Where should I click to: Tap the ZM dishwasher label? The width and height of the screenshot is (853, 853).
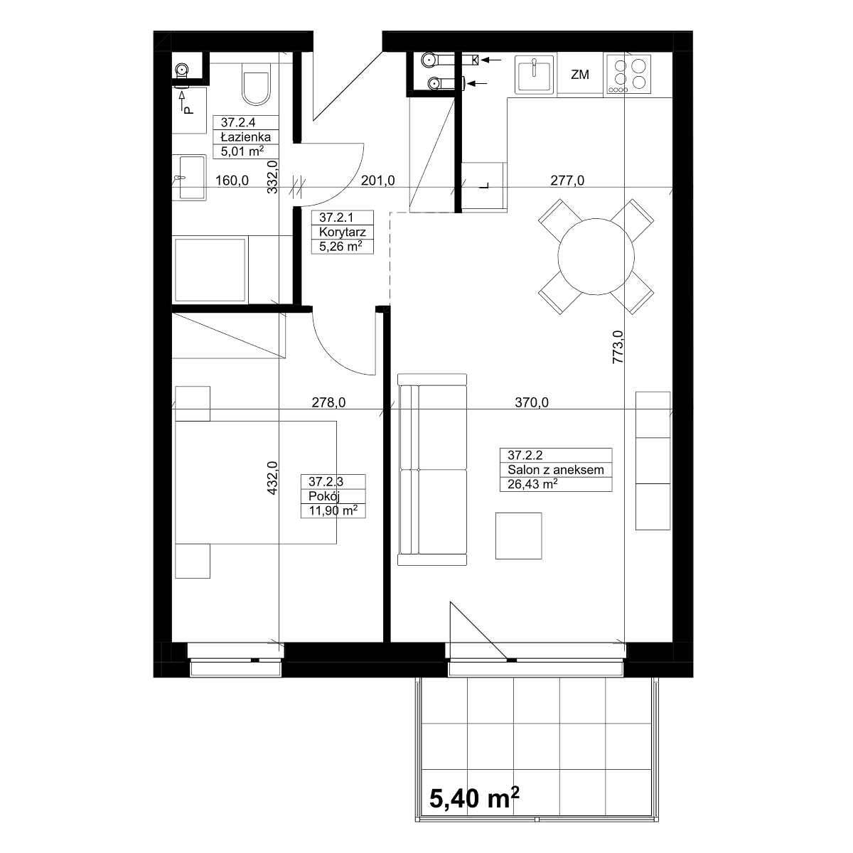tap(579, 75)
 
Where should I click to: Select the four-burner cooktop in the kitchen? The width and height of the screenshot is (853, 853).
tap(628, 74)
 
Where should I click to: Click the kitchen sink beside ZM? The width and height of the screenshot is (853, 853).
tap(535, 75)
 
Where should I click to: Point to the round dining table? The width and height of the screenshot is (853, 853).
tap(596, 257)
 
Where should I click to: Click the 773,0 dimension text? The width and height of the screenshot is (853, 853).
tap(618, 348)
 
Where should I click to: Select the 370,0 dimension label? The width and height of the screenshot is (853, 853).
tap(532, 402)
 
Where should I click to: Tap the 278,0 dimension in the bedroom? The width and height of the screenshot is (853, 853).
tap(328, 402)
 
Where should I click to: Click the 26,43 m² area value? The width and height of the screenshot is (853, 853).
tap(532, 484)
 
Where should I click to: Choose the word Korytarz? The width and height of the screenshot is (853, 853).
tap(342, 232)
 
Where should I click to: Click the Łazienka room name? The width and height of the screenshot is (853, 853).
tap(246, 136)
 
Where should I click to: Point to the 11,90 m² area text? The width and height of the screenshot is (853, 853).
tap(333, 510)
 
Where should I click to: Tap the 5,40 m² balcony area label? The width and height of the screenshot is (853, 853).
tap(474, 798)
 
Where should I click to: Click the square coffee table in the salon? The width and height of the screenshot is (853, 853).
tap(518, 536)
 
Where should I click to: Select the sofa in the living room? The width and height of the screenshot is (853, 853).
tap(432, 469)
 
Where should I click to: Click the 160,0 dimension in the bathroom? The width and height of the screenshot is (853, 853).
tap(232, 181)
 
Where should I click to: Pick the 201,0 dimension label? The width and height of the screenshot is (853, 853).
tap(378, 181)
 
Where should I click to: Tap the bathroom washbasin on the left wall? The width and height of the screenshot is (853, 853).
tap(189, 178)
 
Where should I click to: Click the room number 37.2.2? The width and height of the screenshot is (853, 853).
tap(525, 455)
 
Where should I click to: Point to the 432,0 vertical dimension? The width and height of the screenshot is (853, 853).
tap(272, 478)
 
